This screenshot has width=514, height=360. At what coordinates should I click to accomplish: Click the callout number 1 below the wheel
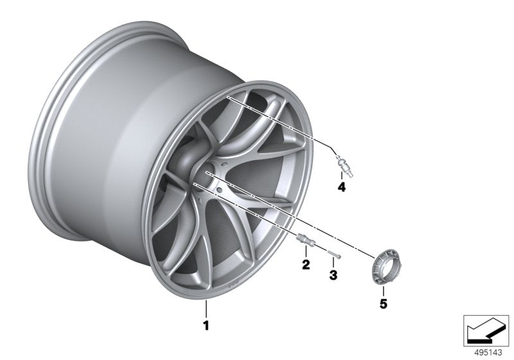point(206,326)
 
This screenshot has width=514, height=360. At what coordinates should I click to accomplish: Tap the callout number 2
point(305,264)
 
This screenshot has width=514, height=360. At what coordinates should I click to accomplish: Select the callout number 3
point(333,275)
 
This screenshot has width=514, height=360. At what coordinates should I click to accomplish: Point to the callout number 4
point(342,188)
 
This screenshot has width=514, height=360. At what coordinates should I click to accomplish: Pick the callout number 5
point(384,304)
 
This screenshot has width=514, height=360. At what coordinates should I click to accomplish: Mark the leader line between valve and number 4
point(342,176)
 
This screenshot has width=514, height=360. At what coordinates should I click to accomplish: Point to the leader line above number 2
point(305,253)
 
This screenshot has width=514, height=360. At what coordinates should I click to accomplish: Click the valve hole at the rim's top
point(229,96)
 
